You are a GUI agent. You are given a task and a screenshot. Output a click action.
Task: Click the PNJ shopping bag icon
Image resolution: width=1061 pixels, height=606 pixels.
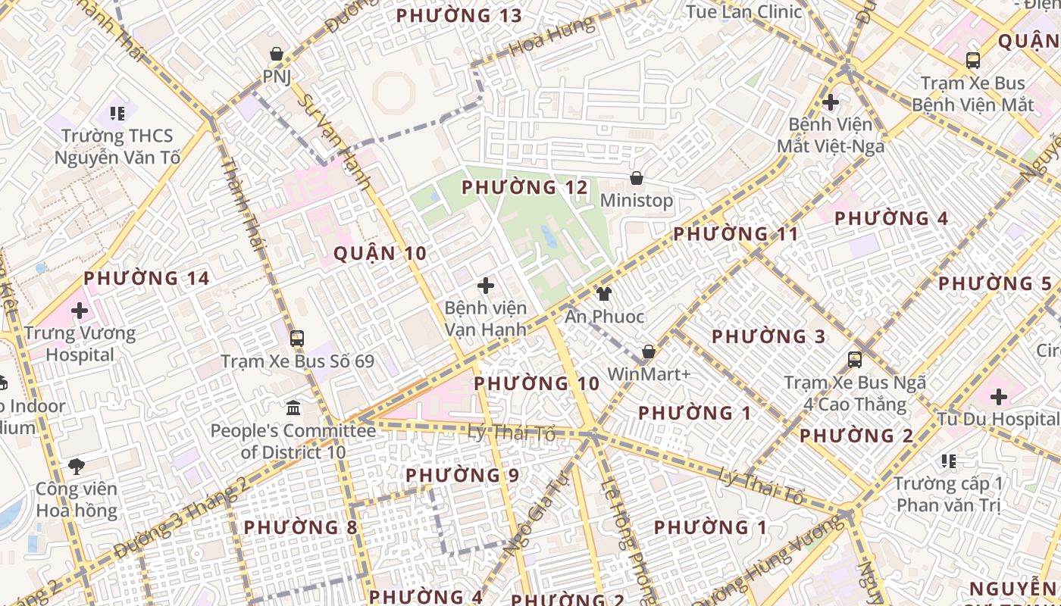(x=277, y=54)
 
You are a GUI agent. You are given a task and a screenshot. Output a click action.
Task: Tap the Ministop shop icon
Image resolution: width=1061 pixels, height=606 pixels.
(x=637, y=178)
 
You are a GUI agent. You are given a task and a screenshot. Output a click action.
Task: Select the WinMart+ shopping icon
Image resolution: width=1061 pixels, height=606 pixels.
(x=649, y=351)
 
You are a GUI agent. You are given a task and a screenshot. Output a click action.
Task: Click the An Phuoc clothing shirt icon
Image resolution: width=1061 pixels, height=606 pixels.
(x=604, y=294)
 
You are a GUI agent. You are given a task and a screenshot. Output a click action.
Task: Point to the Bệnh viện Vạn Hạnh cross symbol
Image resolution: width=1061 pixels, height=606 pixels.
(x=486, y=286)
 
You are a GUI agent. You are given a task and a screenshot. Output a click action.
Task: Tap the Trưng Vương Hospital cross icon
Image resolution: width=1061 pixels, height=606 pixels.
(x=80, y=310)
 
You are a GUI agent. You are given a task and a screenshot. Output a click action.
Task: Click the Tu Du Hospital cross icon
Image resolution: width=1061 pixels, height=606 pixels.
(x=999, y=396)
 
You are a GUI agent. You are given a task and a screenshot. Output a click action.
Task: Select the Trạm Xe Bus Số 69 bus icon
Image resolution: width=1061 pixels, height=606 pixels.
(x=297, y=338)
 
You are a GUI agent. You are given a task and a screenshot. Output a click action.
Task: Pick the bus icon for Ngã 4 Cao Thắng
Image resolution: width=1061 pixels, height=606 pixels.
(x=855, y=360)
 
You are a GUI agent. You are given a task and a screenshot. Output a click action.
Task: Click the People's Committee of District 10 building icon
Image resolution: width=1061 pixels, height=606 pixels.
(x=293, y=408)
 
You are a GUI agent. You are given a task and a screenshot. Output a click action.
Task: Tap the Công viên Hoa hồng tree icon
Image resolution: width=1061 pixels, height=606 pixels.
(x=76, y=466)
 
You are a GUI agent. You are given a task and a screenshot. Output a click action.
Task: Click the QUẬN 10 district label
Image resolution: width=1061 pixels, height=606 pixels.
(x=380, y=254)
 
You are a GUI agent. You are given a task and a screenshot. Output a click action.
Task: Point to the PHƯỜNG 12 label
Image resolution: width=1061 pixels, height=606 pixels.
(x=524, y=187)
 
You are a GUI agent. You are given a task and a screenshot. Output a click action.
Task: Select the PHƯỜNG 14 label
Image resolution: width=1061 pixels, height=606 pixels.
(x=146, y=279)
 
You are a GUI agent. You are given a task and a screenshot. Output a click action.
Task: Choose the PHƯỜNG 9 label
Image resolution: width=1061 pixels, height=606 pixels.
(x=462, y=476)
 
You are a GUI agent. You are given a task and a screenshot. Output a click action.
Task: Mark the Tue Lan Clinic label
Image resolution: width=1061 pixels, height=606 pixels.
(x=743, y=11)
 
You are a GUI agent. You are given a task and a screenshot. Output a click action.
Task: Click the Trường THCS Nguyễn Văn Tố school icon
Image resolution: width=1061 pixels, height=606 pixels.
(x=117, y=114)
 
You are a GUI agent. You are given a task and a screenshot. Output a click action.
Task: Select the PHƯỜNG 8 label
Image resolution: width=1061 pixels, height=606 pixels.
(x=300, y=527)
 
